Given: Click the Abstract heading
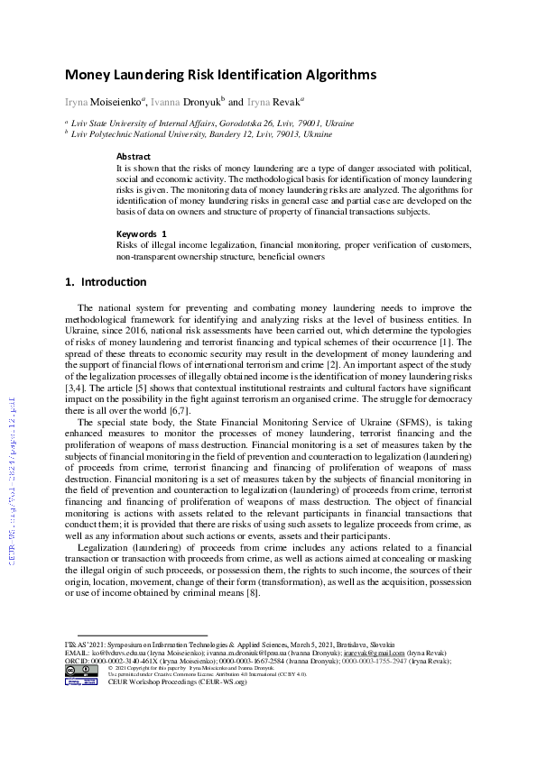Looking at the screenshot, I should click(134, 156).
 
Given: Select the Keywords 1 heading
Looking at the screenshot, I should click(142, 233).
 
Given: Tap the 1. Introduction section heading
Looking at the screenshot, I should click(106, 281).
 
